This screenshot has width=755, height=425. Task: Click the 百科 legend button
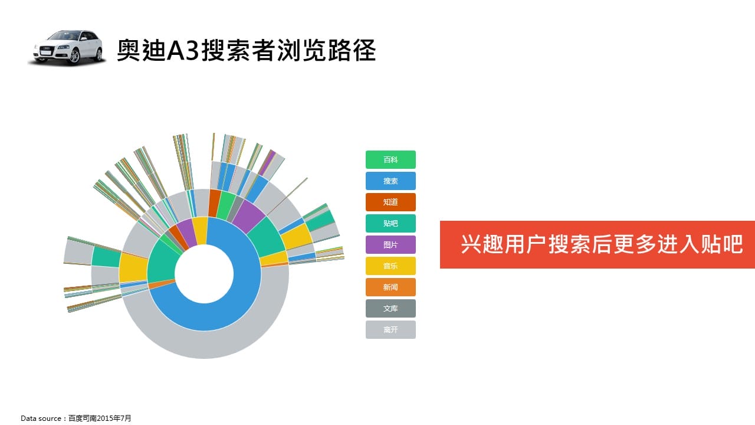click(390, 159)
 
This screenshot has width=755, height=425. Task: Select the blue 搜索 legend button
click(390, 181)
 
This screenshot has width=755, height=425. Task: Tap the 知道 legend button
click(390, 202)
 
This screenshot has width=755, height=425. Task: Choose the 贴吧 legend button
click(390, 223)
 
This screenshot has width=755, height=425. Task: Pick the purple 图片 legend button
click(390, 244)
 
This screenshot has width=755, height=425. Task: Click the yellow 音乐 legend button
click(390, 266)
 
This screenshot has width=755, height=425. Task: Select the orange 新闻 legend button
click(390, 287)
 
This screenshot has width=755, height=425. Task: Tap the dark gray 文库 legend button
click(390, 308)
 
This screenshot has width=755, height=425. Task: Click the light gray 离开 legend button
click(390, 329)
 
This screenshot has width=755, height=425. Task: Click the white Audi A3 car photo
click(67, 47)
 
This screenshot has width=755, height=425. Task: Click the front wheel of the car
click(74, 56)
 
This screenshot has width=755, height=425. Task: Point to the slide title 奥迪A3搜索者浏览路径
click(247, 50)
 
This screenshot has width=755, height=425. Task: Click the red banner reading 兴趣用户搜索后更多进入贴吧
click(598, 244)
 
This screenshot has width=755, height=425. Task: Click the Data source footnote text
click(76, 419)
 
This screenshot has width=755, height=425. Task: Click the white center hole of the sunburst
click(204, 273)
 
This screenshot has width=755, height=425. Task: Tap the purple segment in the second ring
click(249, 215)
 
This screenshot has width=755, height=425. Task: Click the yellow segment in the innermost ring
click(200, 230)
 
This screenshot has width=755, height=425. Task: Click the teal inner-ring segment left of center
click(162, 260)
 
